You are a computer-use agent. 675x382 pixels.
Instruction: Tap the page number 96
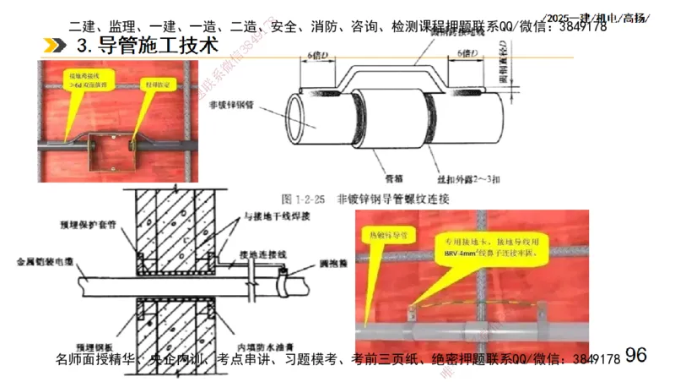pyautogui.click(x=636, y=355)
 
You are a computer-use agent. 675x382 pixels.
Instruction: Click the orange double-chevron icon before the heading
pyautogui.click(x=55, y=45)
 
